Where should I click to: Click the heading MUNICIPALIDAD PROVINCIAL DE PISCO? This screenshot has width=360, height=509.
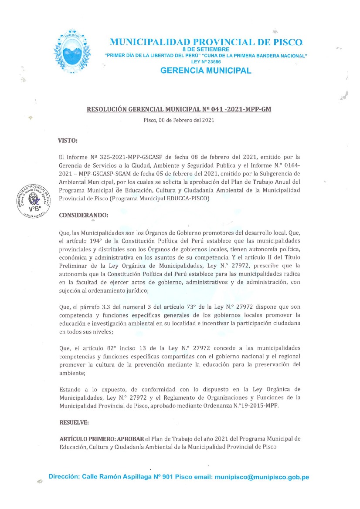coord(206,42)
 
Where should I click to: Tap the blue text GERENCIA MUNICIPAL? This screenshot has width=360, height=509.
coord(206,71)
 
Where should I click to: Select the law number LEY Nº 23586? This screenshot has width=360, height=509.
coord(206,62)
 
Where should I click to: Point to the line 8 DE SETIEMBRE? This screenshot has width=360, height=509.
coord(206,50)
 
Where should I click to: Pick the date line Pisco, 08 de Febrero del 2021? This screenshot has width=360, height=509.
coord(179,120)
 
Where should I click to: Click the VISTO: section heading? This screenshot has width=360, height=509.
coord(68,141)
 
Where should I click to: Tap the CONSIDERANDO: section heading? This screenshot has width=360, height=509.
coord(84,215)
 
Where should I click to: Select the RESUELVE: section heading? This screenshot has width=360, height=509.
coord(74,422)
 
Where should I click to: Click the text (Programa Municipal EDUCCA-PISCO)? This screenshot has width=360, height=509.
coord(160,199)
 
